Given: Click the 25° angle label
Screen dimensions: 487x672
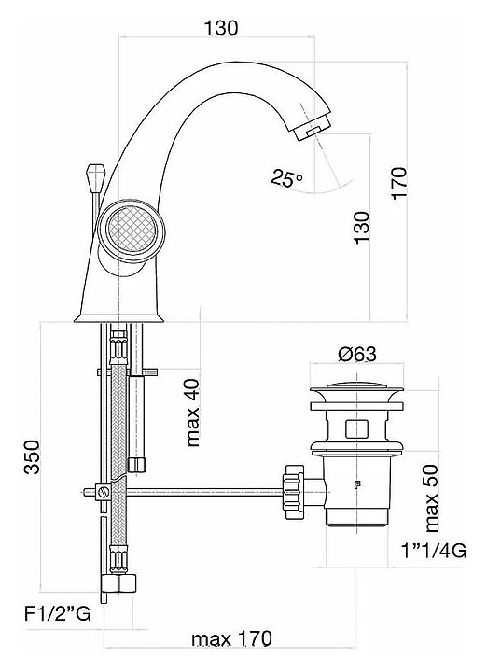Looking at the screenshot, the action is point(286,177).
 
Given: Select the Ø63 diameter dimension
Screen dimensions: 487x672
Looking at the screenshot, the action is point(356,355).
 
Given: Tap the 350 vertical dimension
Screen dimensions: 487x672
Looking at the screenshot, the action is point(32,456).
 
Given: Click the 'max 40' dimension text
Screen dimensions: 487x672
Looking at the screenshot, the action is point(193,413).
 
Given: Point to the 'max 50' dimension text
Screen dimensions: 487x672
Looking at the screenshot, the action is point(432,498).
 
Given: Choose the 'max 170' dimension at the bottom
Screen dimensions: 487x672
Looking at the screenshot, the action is point(231,639).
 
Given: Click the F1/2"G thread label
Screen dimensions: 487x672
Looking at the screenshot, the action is point(58,614).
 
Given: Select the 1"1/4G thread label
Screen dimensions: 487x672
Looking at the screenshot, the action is point(433,551).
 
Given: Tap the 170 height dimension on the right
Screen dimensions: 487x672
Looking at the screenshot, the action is point(398,183).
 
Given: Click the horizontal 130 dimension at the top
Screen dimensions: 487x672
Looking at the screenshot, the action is point(220,28).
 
